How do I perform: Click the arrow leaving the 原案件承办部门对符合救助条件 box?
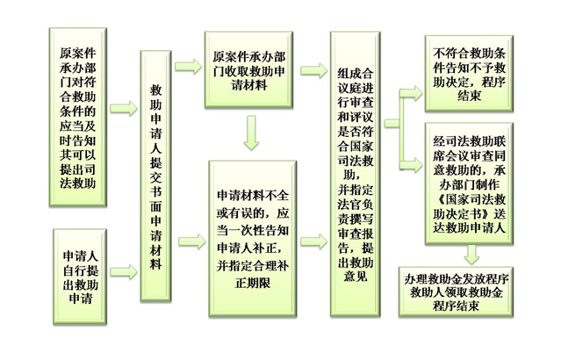125,108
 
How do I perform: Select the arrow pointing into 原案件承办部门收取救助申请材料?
188,66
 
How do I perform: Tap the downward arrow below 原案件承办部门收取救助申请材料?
252,132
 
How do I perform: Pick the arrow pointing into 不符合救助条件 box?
408,90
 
